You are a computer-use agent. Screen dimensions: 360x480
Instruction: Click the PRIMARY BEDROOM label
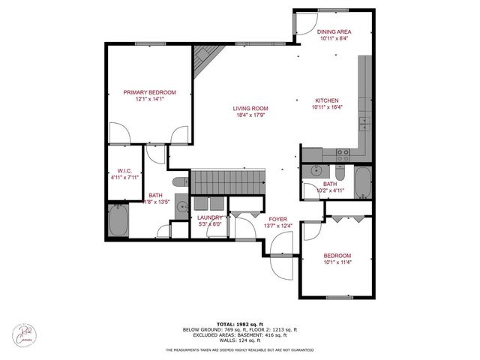pyautogui.click(x=150, y=92)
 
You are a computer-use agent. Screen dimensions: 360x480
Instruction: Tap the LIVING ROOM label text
pyautogui.click(x=250, y=107)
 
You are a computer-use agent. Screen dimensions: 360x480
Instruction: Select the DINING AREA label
pyautogui.click(x=334, y=31)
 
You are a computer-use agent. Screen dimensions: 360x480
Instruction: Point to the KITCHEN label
pyautogui.click(x=326, y=100)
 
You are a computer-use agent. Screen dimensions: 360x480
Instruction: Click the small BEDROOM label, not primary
pyautogui.click(x=337, y=256)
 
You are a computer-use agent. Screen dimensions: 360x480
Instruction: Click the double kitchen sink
pyautogui.click(x=364, y=122)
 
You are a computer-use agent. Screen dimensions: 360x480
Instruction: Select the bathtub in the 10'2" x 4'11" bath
pyautogui.click(x=361, y=182)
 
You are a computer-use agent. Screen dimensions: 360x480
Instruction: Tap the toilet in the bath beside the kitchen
pyautogui.click(x=339, y=174)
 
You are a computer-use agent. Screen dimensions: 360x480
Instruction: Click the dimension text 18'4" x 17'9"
pyautogui.click(x=250, y=115)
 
